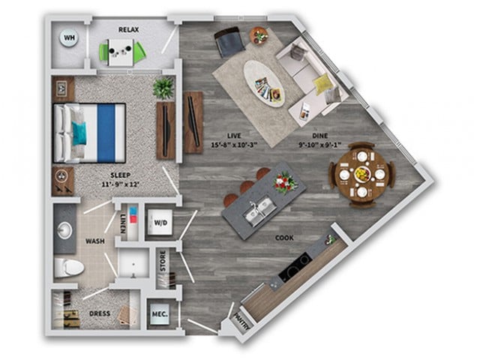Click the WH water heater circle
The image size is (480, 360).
[x=70, y=38]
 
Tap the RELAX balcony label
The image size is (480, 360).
[x=128, y=29]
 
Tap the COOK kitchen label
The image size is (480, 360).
[x=283, y=238]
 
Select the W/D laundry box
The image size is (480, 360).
[x=160, y=222]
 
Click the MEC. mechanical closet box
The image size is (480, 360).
[x=159, y=314]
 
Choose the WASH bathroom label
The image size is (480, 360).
[x=94, y=242]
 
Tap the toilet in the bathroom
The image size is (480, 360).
[x=67, y=266]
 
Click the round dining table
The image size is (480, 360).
[x=361, y=174]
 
